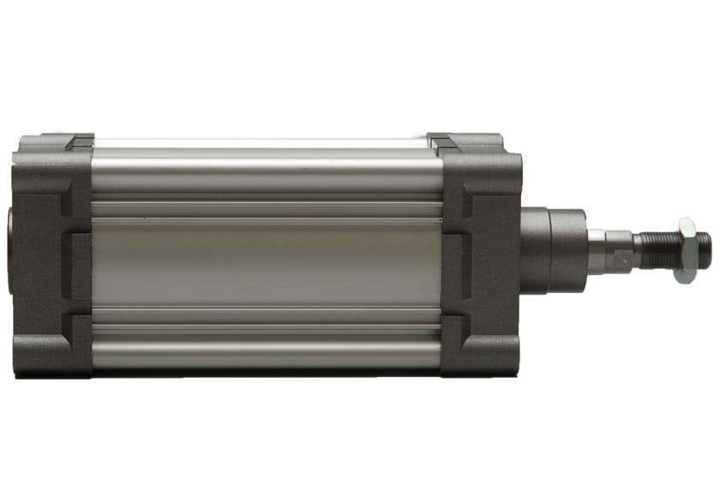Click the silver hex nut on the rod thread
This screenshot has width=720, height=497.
686,250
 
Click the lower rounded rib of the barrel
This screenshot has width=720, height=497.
266,350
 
